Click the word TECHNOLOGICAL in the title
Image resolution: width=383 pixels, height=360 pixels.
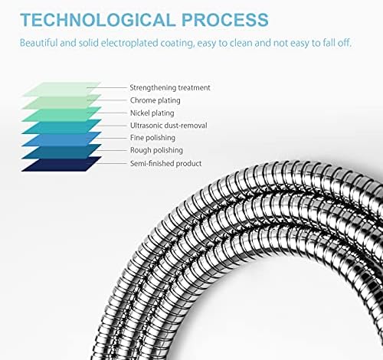pos(98,20)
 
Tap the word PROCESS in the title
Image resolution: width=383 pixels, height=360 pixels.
pos(225,20)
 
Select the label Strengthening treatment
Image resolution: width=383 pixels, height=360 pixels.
pos(170,87)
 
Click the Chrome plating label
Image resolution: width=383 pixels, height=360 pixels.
pos(155,100)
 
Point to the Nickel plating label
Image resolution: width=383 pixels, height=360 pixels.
pos(152,113)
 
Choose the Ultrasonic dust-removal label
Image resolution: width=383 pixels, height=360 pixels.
pos(169,126)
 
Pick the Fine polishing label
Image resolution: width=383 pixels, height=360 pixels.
pos(152,138)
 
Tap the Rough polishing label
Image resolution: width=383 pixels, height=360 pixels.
pos(156,150)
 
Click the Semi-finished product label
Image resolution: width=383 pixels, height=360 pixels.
pos(166,163)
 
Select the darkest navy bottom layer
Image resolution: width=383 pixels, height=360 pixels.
pos(61,164)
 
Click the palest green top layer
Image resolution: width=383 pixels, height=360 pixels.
pos(61,88)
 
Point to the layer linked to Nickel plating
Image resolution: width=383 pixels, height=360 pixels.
pos(61,115)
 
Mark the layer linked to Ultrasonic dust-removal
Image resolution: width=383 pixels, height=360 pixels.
pos(61,127)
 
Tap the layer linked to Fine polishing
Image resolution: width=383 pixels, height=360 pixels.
pos(61,140)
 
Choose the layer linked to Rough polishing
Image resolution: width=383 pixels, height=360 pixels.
pos(61,152)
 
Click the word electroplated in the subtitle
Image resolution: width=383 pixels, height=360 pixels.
pos(129,43)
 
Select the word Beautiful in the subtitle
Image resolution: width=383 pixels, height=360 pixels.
pos(38,43)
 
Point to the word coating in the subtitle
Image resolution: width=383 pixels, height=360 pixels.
pos(177,43)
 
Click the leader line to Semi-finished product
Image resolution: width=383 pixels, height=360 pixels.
pos(106,163)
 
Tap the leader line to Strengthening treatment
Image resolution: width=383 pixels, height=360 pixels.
pos(106,87)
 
